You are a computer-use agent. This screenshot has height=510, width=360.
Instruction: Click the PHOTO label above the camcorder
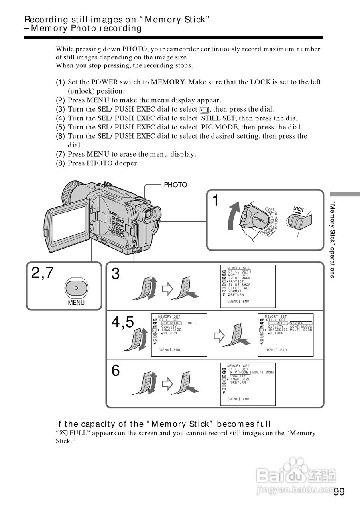pos(175,185)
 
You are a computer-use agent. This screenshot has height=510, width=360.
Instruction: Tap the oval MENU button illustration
pos(76,287)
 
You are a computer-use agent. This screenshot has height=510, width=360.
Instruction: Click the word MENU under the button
pos(76,302)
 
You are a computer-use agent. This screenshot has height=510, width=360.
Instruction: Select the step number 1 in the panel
pos(216,201)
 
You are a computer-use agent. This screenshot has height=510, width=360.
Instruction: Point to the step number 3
pos(116,274)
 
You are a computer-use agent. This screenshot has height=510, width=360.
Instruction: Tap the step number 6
pos(116,371)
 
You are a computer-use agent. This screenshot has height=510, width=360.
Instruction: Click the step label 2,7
pos(43,273)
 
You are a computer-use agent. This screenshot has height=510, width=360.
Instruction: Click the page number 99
pos(339,492)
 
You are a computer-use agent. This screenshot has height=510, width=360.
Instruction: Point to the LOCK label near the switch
pos(299,210)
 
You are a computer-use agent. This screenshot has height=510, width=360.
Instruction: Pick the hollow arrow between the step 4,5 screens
pos(219,335)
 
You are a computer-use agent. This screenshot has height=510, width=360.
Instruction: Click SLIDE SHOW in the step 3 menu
pos(239,285)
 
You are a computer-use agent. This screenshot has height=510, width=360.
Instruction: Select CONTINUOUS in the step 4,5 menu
pos(301,327)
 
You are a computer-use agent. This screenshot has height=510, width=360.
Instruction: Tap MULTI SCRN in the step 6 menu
pos(264,373)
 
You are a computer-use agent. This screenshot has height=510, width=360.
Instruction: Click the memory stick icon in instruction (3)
pos(204,110)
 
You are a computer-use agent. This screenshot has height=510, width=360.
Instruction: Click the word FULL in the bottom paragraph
pos(78,433)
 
